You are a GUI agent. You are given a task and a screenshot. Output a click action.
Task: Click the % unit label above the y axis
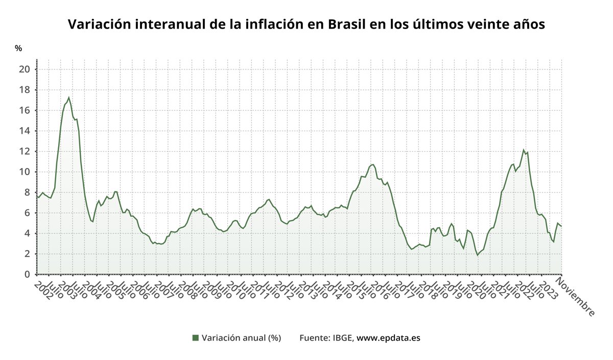click(x=18, y=49)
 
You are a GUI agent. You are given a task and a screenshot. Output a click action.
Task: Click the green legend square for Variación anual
click(x=195, y=338)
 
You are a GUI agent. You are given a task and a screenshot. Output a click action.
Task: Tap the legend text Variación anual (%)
click(x=241, y=338)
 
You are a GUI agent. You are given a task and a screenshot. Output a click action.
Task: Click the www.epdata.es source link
click(x=388, y=338)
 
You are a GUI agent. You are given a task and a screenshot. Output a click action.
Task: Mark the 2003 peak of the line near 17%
click(x=68, y=98)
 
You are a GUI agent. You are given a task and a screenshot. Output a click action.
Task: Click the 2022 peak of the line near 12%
click(x=523, y=150)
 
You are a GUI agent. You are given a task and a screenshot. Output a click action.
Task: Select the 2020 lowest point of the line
click(x=477, y=255)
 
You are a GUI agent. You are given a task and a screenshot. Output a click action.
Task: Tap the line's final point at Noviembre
click(x=561, y=226)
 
